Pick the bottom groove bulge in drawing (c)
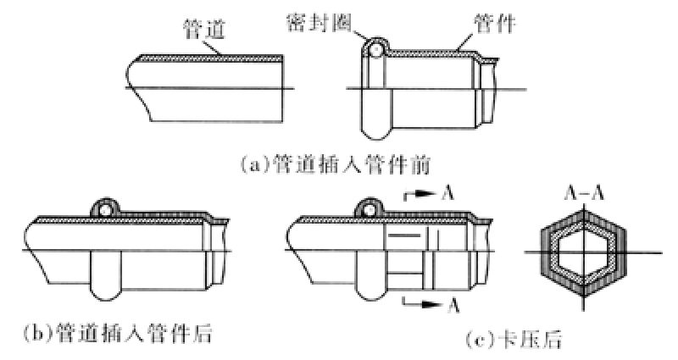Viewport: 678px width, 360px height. click(x=370, y=289)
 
